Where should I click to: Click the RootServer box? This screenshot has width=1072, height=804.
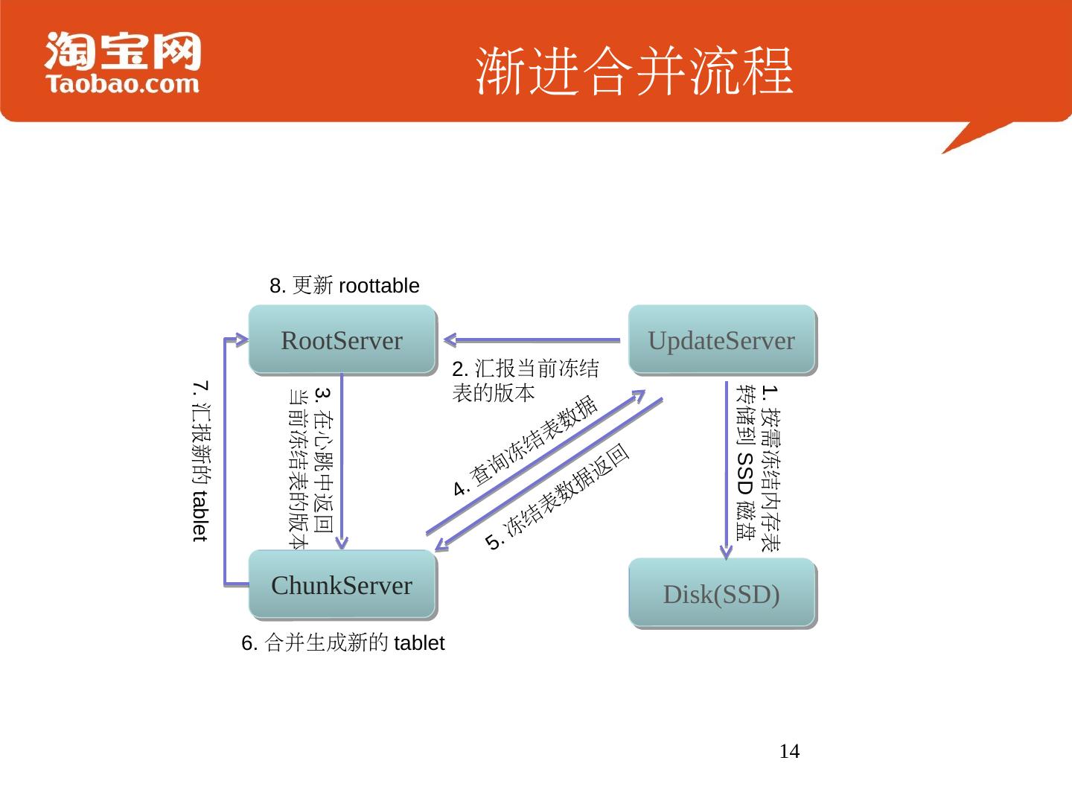[342, 339]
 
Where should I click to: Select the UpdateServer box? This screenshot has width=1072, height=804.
[721, 339]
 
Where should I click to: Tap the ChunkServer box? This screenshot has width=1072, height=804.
[342, 585]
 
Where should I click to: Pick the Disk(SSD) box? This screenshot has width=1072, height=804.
[721, 594]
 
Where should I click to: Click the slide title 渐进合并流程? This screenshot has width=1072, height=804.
[634, 71]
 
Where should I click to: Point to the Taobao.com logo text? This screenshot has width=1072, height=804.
[123, 83]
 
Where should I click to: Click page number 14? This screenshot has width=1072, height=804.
[789, 752]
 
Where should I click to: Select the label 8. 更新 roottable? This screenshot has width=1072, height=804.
[344, 286]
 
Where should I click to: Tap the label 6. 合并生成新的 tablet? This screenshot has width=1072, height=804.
[342, 643]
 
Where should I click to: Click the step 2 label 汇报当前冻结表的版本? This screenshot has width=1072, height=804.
[525, 380]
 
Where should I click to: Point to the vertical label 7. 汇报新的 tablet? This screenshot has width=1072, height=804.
[200, 462]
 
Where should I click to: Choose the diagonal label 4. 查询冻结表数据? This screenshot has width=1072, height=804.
[526, 445]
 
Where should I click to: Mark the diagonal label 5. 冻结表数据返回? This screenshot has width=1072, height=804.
[558, 497]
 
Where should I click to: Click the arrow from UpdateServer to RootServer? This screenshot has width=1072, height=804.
[532, 340]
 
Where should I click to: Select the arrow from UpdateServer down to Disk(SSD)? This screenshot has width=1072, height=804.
[727, 469]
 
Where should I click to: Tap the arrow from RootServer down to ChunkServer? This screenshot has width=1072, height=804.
[342, 462]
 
